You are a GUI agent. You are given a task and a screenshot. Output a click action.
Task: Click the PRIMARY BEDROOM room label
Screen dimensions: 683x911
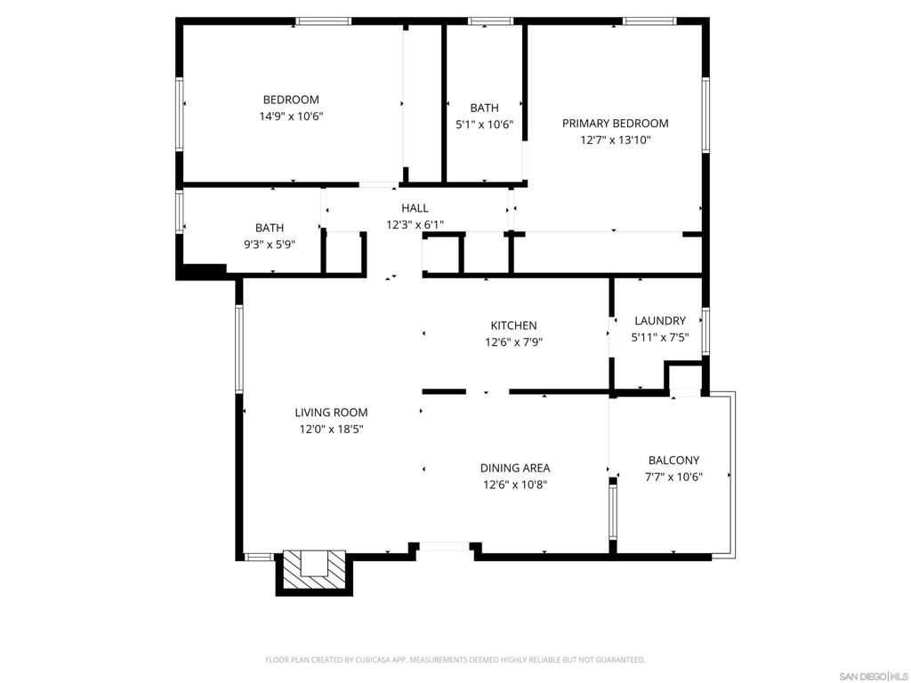pos(615,124)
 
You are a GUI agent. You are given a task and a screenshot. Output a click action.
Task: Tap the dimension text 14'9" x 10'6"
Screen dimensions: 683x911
pos(291,117)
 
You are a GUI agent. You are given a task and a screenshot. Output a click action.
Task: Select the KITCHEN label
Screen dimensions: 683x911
pos(513,325)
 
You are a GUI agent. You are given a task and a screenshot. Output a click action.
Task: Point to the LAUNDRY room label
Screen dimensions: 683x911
pos(659,321)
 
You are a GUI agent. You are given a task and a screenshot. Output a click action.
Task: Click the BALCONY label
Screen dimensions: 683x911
pos(673,460)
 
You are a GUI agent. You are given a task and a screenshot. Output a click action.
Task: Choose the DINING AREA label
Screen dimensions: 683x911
pos(515,468)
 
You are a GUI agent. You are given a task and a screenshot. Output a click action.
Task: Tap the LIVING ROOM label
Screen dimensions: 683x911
pos(331,413)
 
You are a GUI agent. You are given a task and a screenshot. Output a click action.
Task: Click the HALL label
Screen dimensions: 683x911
pos(415,208)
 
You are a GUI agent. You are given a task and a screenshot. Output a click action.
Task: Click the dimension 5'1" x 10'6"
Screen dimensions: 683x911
pos(484,125)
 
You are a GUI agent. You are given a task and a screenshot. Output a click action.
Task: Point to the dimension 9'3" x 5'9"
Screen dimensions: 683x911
pos(270,245)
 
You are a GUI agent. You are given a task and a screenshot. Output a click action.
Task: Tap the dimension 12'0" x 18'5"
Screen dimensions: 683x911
pos(331,429)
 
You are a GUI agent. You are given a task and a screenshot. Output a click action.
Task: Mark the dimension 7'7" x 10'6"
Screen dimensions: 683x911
pos(673,476)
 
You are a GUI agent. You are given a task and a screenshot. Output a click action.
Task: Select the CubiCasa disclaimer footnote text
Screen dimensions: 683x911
pos(455,660)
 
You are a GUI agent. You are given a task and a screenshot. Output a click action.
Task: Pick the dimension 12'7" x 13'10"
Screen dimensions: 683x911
pos(615,140)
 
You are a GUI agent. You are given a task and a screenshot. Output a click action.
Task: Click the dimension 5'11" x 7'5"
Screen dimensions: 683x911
pos(659,337)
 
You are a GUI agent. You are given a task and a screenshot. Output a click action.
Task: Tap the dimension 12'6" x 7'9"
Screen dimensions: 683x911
pos(513,341)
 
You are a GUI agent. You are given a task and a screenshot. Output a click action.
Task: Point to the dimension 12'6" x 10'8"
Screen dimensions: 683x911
pos(515,484)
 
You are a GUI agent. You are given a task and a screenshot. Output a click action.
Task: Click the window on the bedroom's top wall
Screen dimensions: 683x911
pos(324,21)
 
